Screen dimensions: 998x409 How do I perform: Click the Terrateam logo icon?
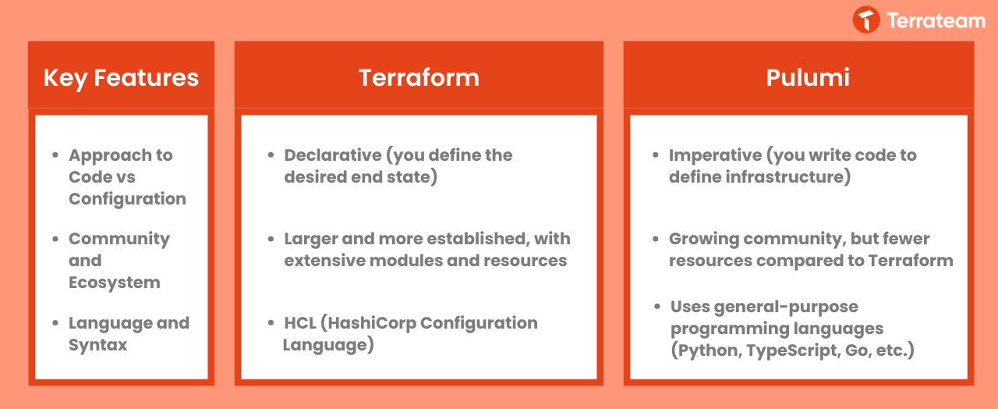coord(866,20)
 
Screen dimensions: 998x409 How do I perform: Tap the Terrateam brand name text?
coord(936,20)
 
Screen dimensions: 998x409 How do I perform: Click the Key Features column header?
coord(121,78)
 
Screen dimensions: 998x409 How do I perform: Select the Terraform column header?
coord(419,77)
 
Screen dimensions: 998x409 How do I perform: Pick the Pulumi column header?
coord(808,77)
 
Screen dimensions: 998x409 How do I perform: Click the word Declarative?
coord(333,155)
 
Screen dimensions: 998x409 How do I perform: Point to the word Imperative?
coord(715,155)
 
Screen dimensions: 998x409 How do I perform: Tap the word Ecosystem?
coord(115,283)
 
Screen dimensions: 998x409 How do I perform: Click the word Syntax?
coord(98,345)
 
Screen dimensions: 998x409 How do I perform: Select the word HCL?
coord(300,323)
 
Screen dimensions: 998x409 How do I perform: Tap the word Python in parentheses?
coord(706,350)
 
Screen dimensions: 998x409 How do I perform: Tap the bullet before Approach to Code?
coord(55,155)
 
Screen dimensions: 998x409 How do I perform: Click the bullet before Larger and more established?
coord(271,239)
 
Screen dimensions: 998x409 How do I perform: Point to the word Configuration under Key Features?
coord(127,199)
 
